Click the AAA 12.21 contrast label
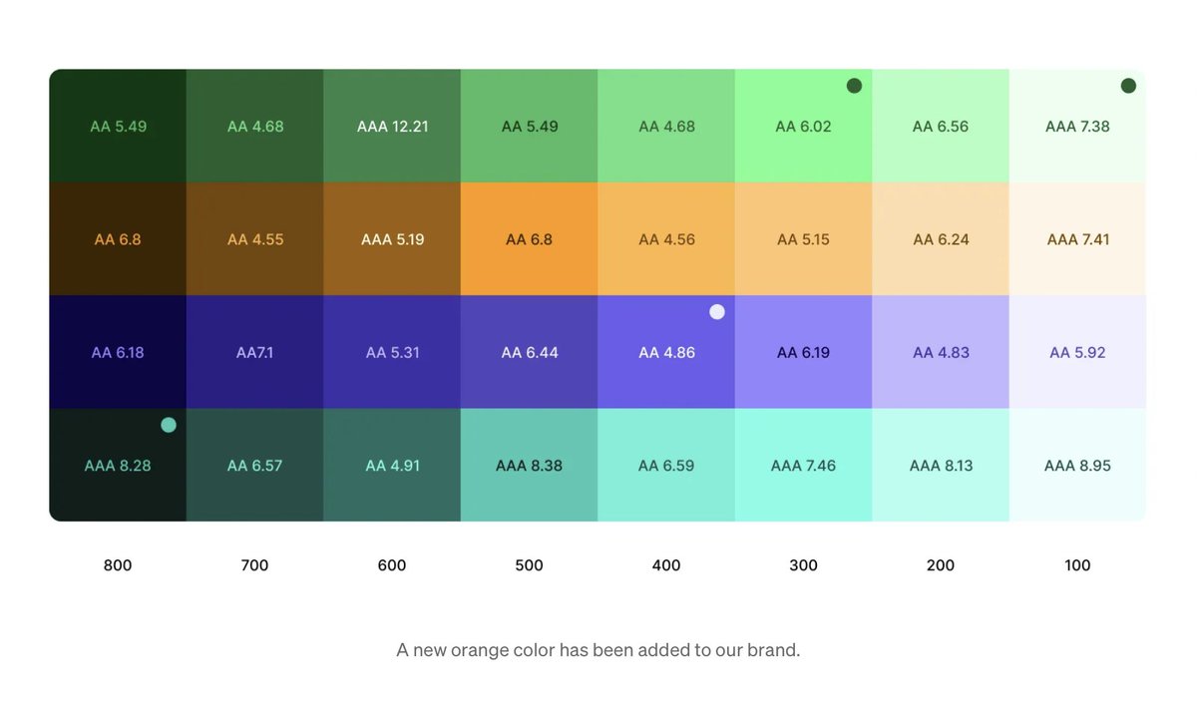392,127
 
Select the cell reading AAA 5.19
392,239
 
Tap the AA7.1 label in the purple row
254,352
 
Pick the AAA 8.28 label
118,466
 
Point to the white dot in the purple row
717,312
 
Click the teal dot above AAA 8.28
169,425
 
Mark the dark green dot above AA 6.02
854,86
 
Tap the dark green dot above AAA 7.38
1128,86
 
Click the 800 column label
118,565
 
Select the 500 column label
529,565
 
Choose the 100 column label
1077,565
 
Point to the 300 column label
803,565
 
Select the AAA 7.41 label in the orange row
1077,239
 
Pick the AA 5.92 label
1077,352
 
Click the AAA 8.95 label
1077,466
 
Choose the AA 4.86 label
666,352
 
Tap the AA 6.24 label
941,239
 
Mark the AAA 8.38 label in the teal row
529,466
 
